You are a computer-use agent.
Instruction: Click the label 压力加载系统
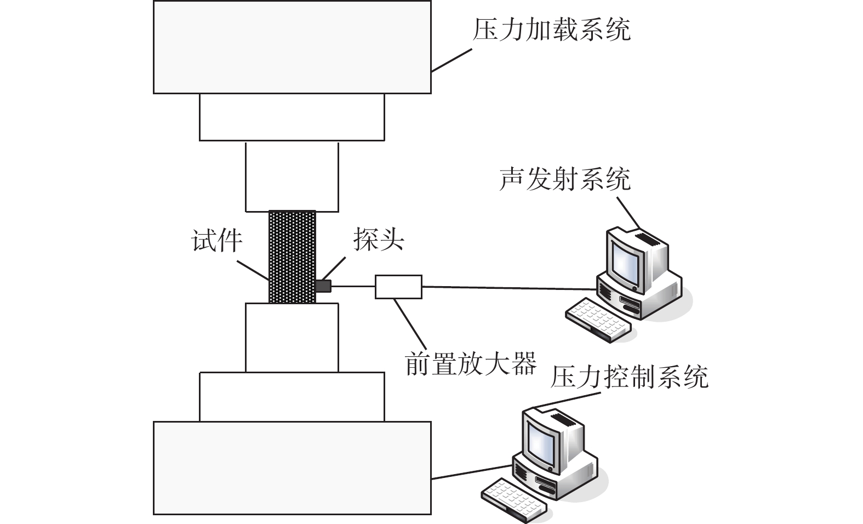[551, 30]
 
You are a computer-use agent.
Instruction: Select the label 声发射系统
[564, 179]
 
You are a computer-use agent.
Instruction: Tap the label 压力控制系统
[629, 377]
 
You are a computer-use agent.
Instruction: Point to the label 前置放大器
[470, 363]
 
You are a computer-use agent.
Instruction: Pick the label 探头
[378, 239]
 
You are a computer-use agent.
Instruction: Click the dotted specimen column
[292, 257]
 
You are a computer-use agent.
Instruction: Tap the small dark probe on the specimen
[324, 286]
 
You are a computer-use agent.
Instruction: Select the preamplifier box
[398, 287]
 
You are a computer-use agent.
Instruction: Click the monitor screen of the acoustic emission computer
[625, 261]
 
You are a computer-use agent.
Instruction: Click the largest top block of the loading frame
[292, 47]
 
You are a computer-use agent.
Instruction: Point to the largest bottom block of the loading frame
[292, 468]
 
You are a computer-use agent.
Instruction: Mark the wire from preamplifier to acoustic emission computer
[510, 288]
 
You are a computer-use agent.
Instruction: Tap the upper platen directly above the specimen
[292, 176]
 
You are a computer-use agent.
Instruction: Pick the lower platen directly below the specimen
[292, 337]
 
